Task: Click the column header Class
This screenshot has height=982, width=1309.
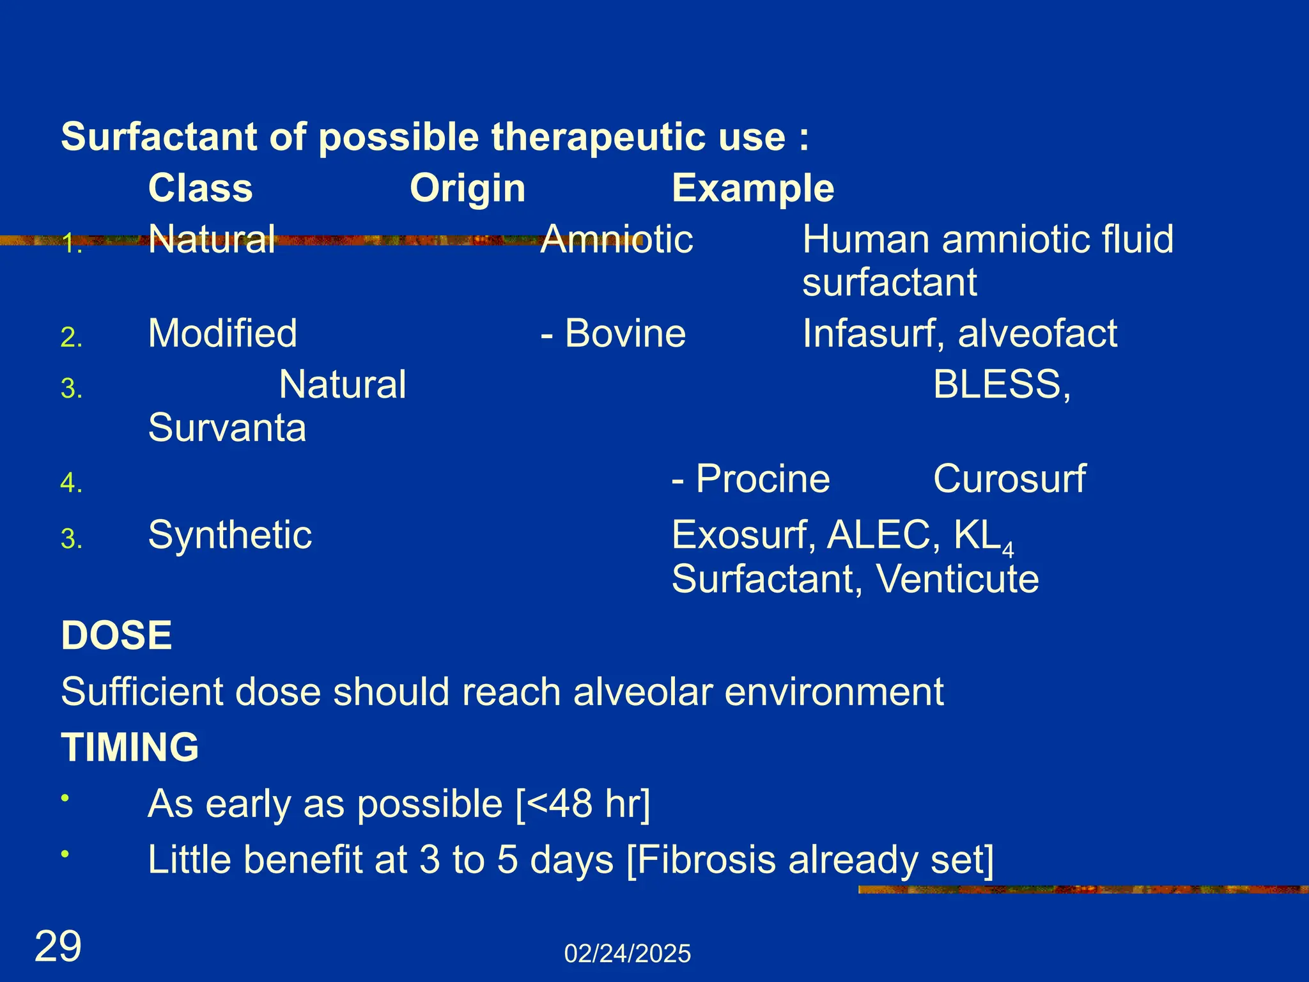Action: pyautogui.click(x=200, y=189)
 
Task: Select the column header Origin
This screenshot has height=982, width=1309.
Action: pyautogui.click(x=467, y=189)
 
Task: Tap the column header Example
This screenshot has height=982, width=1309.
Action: pyautogui.click(x=752, y=189)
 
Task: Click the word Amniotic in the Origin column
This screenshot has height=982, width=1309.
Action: pyautogui.click(x=616, y=240)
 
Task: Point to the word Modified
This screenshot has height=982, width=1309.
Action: pyautogui.click(x=222, y=334)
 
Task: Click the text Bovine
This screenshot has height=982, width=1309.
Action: pyautogui.click(x=624, y=334)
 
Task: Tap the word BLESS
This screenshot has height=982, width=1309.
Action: pyautogui.click(x=997, y=385)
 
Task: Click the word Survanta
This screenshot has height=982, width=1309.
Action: pyautogui.click(x=227, y=428)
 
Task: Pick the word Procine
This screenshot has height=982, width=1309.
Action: pyautogui.click(x=762, y=479)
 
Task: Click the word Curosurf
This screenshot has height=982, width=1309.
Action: pyautogui.click(x=1009, y=479)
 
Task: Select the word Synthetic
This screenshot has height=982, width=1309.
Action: pyautogui.click(x=230, y=535)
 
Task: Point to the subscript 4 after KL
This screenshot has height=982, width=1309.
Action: pyautogui.click(x=1008, y=550)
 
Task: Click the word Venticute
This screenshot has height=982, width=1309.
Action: pyautogui.click(x=957, y=579)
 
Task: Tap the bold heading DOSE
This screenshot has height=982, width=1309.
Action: pyautogui.click(x=116, y=635)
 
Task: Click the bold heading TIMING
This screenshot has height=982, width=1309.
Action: pyautogui.click(x=130, y=747)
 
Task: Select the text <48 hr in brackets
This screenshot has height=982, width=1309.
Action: pyautogui.click(x=583, y=804)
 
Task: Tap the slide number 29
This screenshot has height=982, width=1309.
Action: pyautogui.click(x=58, y=947)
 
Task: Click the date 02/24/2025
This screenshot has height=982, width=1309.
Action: pyautogui.click(x=627, y=954)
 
